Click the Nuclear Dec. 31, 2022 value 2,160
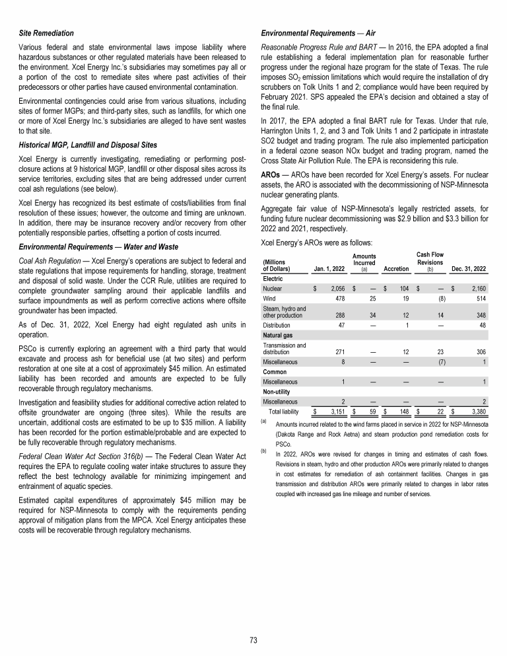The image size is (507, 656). click(x=475, y=289)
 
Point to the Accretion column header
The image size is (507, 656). click(x=396, y=268)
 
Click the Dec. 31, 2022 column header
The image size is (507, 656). click(x=469, y=268)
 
